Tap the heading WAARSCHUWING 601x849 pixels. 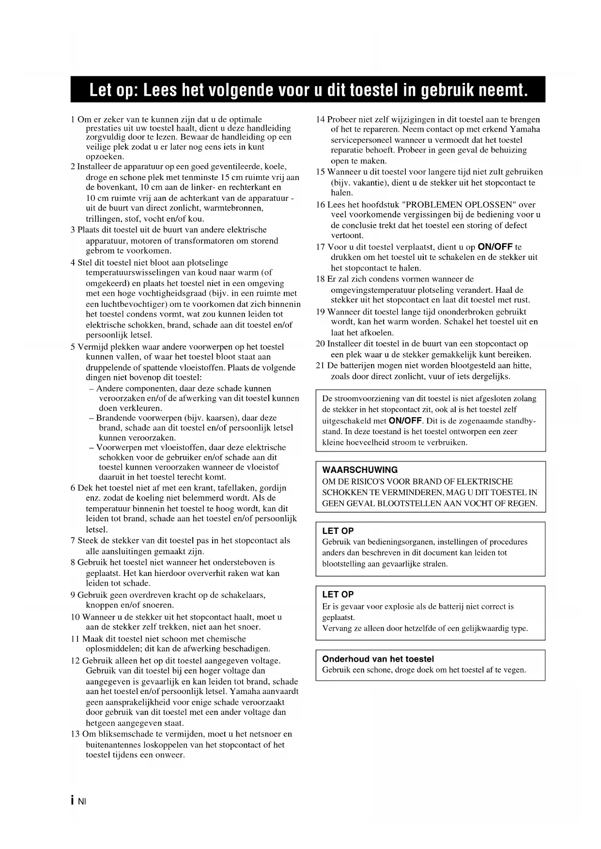[360, 470]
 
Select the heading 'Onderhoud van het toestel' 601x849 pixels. [378, 659]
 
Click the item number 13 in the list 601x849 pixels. [75, 734]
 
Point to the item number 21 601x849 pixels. [320, 365]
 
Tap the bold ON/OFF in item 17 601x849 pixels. [495, 247]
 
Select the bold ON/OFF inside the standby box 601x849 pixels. [405, 421]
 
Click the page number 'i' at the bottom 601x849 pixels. [73, 800]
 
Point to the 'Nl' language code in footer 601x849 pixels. [81, 801]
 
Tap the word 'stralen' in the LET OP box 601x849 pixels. [434, 563]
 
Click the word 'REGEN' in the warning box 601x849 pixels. [524, 503]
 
